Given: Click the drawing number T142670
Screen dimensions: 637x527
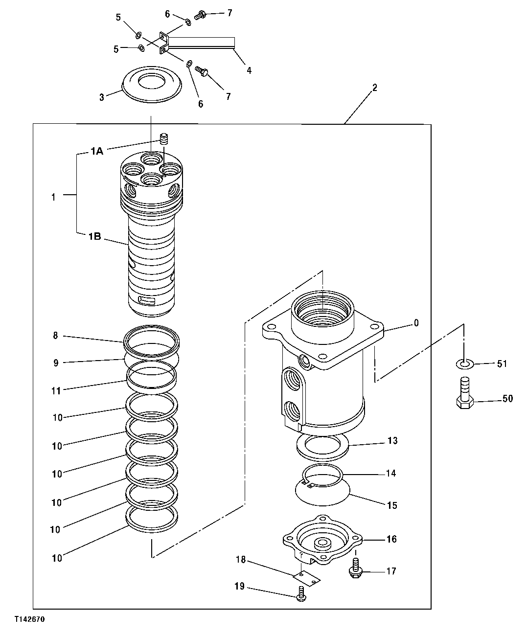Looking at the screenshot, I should tap(29, 619).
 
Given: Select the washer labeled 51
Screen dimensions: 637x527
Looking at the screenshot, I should tap(465, 363).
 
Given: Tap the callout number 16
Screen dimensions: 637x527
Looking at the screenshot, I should tap(391, 539).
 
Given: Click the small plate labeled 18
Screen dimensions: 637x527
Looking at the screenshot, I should tap(306, 578).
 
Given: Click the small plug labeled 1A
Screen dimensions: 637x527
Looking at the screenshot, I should tap(165, 139).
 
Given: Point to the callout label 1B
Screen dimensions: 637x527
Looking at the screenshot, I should tap(94, 237).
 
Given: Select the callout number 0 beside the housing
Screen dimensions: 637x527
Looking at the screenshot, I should tap(416, 323).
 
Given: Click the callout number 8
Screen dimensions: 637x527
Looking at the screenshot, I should tap(56, 336).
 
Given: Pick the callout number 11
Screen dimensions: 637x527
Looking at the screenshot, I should tap(57, 391).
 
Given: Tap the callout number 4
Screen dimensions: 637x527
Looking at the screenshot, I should tap(249, 70).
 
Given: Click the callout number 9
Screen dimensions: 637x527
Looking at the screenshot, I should tap(56, 363).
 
